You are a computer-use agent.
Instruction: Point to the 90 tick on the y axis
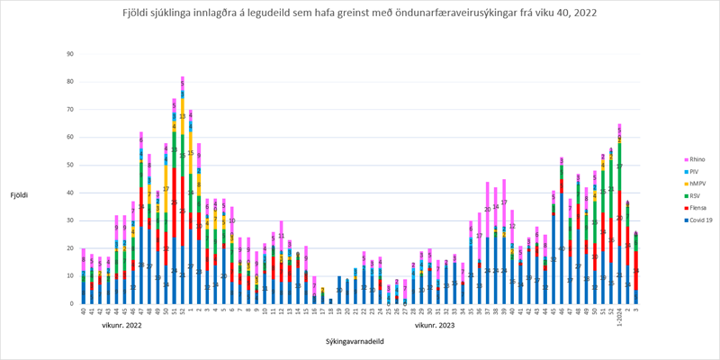point(70,54)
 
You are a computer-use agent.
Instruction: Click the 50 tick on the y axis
point(70,165)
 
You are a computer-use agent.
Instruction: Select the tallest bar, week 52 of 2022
point(183,190)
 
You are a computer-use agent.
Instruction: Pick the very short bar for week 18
point(330,301)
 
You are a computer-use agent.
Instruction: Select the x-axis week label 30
point(429,311)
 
